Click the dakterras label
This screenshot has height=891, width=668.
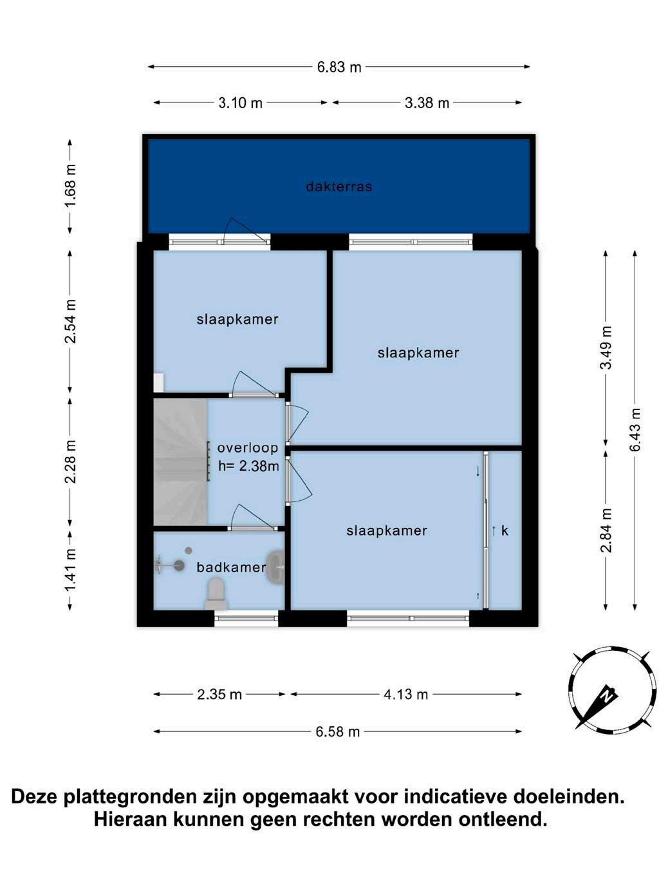pos(339,186)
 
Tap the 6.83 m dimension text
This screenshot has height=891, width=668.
pos(339,67)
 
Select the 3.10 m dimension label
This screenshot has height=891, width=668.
pos(241,103)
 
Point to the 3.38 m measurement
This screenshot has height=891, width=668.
pos(427,103)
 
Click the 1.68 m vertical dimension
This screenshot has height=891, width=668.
pos(70,185)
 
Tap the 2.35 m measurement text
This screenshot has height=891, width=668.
pos(219,695)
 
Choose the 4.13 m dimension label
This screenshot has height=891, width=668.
pos(405,695)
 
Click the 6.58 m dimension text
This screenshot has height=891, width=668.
pos(337,731)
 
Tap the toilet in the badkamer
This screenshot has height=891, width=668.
pos(216,594)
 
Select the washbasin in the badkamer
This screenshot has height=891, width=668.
pos(276,567)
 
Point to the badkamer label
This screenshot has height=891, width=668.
pos(231,567)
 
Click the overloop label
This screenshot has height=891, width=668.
pos(248,447)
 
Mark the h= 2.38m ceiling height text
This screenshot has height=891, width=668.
pos(248,466)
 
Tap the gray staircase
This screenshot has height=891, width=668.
pos(181,462)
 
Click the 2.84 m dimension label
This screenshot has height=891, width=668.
pos(606,530)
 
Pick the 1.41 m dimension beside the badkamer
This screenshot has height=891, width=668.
pos(70,570)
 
